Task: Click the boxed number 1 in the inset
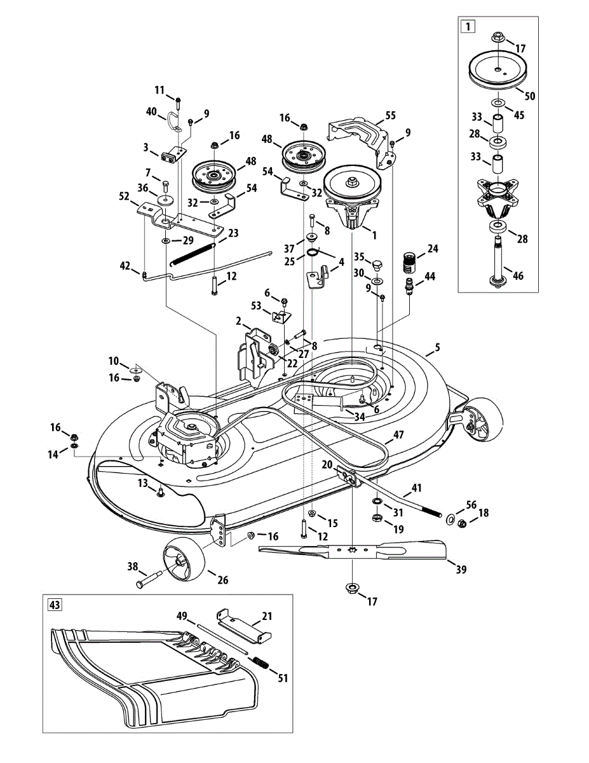point(468,27)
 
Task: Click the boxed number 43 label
point(55,605)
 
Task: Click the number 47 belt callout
point(398,436)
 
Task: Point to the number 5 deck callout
point(437,348)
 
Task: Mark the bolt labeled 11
point(178,101)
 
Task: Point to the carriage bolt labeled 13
point(160,491)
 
